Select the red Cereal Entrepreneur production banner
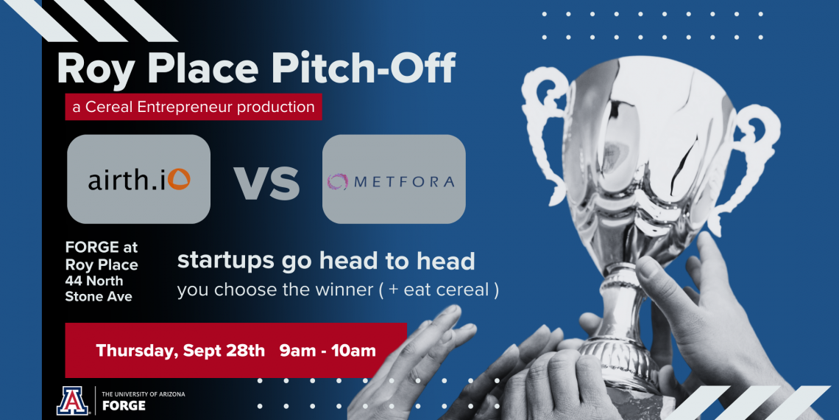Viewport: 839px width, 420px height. (193, 107)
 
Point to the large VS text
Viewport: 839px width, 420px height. (266, 183)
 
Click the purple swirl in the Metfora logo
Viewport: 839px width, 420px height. (338, 181)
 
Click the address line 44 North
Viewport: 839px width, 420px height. (93, 281)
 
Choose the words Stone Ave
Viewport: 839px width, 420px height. (99, 296)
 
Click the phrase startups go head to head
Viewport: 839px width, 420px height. (326, 262)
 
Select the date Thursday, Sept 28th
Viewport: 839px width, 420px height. (180, 351)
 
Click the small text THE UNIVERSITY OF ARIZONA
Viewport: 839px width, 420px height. (144, 393)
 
